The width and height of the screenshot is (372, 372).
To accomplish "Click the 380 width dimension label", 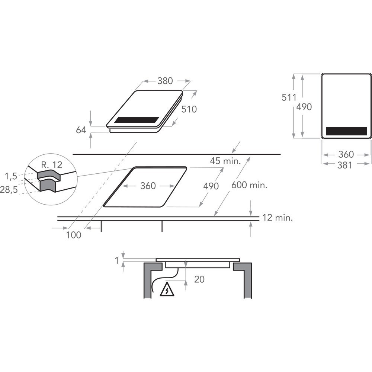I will [x=165, y=80].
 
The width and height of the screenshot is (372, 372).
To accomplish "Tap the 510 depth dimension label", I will [x=189, y=109].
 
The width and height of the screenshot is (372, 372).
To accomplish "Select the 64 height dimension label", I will [x=81, y=130].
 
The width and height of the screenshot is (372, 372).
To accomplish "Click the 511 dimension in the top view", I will [x=288, y=97].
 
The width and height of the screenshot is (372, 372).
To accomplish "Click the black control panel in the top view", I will [x=346, y=131].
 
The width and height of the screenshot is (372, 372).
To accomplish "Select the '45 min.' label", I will [x=225, y=161].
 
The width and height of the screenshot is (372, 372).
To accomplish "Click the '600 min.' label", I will [x=249, y=185].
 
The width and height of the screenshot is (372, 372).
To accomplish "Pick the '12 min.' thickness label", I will [x=278, y=218].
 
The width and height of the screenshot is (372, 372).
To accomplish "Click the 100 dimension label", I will [x=74, y=235].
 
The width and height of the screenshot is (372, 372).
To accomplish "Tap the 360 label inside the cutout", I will [x=148, y=186].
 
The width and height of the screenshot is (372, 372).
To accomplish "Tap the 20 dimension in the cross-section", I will [x=199, y=279].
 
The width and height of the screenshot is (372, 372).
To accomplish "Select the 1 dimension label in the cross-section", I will [x=117, y=261].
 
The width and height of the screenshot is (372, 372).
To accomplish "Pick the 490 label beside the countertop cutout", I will [x=211, y=186].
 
